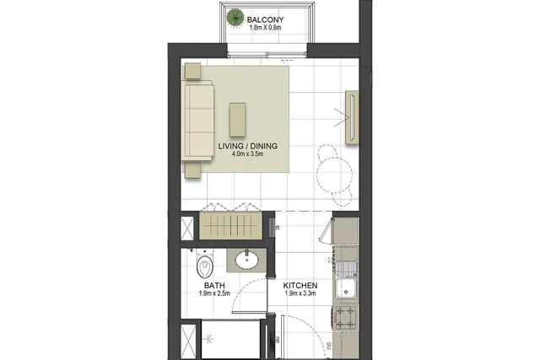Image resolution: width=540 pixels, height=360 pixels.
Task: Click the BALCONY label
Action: click(x=265, y=19)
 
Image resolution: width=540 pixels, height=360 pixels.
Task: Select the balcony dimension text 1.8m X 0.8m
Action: click(x=265, y=28)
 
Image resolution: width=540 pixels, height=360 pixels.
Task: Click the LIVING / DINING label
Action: click(x=247, y=146)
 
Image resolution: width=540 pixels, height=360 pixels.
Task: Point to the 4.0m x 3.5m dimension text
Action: click(x=247, y=153)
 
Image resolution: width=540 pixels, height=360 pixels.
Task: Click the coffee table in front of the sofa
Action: click(x=238, y=119)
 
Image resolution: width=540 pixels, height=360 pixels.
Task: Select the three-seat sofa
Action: click(x=197, y=121)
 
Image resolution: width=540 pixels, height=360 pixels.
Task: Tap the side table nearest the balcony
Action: click(x=192, y=72)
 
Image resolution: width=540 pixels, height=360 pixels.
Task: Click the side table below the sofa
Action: click(x=192, y=170)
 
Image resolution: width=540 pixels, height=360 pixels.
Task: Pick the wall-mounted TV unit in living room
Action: click(x=352, y=117)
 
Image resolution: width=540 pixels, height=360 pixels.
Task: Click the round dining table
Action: click(x=334, y=175)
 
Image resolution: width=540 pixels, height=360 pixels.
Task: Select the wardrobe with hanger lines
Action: click(x=230, y=225)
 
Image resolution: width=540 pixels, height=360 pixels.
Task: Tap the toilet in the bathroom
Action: click(x=204, y=266)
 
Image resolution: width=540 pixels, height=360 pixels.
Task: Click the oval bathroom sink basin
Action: click(x=246, y=261)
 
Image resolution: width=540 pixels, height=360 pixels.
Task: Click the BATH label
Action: click(x=214, y=286)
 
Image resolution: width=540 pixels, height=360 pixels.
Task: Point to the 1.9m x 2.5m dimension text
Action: click(x=214, y=293)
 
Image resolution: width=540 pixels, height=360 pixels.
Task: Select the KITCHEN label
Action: click(x=300, y=286)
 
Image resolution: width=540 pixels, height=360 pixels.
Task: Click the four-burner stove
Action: click(x=345, y=317)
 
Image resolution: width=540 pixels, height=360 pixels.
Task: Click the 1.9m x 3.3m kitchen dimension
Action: click(x=300, y=293)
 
